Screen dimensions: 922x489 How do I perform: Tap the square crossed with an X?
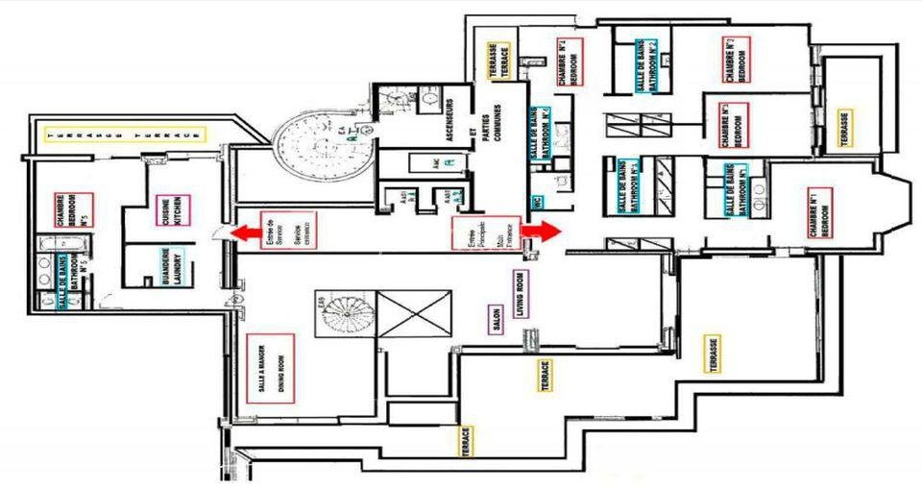click(414, 313)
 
